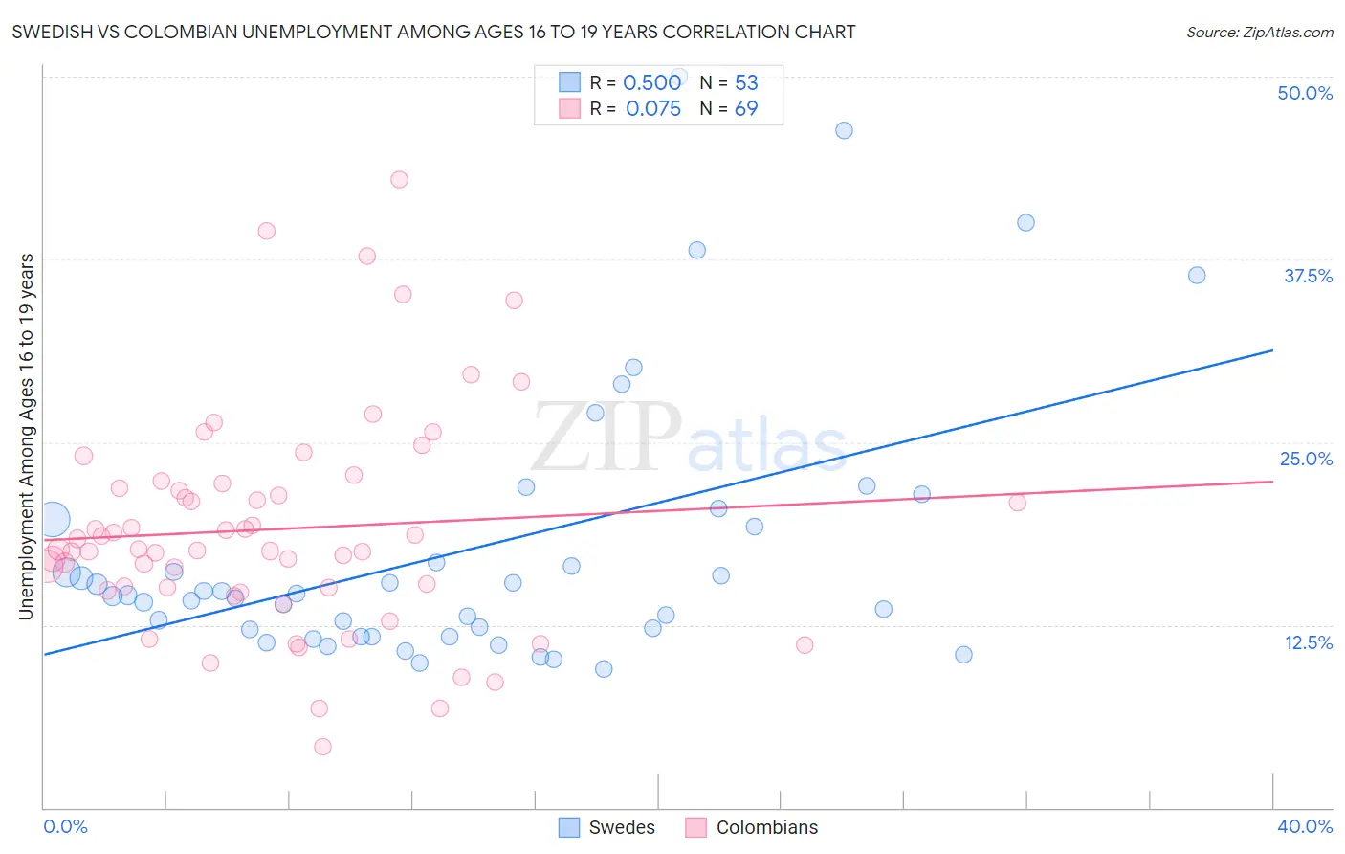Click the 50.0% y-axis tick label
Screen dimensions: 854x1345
pos(1304,93)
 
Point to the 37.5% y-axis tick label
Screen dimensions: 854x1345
pos(1307,276)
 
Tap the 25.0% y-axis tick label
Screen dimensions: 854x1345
pos(1305,459)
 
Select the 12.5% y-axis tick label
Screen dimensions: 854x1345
pos(1308,642)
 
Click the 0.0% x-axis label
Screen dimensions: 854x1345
pos(65,826)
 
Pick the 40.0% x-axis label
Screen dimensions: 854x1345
pos(1304,826)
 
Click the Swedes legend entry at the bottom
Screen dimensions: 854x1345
pos(608,827)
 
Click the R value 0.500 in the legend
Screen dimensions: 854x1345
pos(651,82)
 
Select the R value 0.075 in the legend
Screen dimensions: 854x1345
pos(653,108)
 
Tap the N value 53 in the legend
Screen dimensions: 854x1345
pos(746,82)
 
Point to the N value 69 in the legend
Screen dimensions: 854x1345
pos(746,108)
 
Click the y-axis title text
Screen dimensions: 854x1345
pos(27,437)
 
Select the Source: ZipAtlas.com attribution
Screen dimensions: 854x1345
pos(1259,32)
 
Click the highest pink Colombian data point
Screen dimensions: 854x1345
pos(399,179)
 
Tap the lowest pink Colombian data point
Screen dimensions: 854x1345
pos(322,747)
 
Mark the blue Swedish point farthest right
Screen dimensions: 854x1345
pos(1196,275)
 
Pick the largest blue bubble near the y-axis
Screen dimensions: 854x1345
pos(53,519)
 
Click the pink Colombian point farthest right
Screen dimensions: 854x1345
pos(1017,503)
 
